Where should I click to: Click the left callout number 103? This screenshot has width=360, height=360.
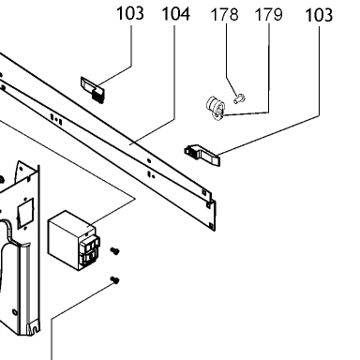pos(130,13)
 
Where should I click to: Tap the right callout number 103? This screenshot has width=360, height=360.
pos(319,15)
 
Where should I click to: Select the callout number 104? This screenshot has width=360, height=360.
pos(176,14)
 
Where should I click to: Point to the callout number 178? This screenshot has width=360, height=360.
pos(225,14)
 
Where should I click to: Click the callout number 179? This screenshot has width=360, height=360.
pos(269,14)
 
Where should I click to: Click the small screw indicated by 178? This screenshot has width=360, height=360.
pos(240,99)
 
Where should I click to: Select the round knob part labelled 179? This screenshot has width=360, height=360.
pos(215,109)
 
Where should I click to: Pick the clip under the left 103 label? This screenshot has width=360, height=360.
pos(93,90)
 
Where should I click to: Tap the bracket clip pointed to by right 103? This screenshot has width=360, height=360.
pos(202,155)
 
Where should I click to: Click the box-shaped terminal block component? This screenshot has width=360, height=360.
pos(74,240)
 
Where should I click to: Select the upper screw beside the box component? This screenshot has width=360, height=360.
pos(114,251)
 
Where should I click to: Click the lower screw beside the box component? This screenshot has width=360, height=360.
pos(114,280)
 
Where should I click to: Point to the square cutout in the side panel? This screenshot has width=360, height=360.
pos(25,213)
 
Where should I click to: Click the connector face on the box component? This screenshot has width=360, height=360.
pos(90,251)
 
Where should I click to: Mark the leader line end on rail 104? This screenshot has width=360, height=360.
pos(131,144)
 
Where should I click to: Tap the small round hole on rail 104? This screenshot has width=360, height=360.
pos(149,161)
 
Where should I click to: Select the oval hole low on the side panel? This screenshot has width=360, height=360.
pos(14,312)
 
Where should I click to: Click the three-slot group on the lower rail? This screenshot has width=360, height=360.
pos(56,119)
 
